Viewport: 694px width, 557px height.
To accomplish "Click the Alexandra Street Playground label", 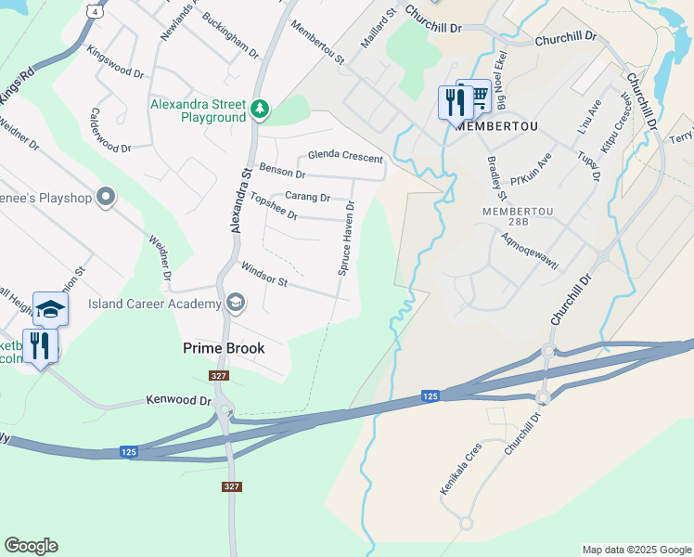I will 199,110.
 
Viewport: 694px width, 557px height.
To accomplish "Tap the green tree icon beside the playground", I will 262,110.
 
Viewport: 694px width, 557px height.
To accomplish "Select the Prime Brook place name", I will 223,349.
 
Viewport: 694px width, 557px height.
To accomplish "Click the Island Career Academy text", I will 154,304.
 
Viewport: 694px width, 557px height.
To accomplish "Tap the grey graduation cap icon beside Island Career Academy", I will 236,302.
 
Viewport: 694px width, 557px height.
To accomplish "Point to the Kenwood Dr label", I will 179,400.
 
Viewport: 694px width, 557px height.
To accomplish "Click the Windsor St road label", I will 264,275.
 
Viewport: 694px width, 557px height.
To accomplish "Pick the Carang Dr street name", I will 307,197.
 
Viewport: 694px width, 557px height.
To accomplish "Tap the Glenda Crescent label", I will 345,156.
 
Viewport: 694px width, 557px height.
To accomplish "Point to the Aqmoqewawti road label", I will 529,249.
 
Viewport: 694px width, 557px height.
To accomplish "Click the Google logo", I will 31,546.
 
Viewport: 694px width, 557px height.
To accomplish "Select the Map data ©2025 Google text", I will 636,550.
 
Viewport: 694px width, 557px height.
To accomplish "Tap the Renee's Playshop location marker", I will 106,196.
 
